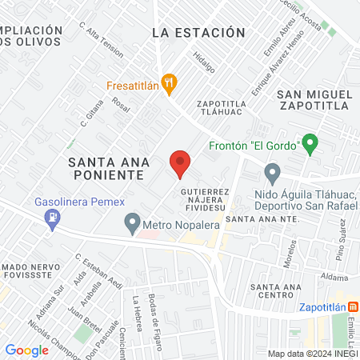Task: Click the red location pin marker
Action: click(x=180, y=162)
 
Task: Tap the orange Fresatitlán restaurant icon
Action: click(x=168, y=82)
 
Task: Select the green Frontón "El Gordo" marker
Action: click(x=310, y=144)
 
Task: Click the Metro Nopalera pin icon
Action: click(x=132, y=223)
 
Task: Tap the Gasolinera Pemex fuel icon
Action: click(x=53, y=218)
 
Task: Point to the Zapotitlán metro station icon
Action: click(x=354, y=306)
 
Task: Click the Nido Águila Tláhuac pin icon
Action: click(x=272, y=172)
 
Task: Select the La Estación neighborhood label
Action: click(x=198, y=33)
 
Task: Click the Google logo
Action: click(x=26, y=350)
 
